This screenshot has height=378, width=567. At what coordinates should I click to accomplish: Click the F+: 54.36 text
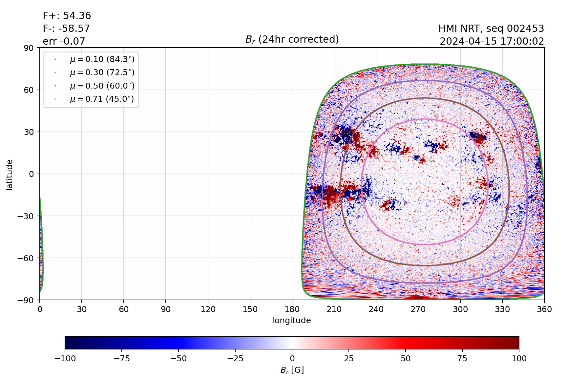click(x=67, y=16)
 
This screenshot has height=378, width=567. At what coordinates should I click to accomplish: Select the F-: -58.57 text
click(x=66, y=29)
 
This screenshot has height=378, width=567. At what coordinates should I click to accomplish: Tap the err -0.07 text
click(x=64, y=41)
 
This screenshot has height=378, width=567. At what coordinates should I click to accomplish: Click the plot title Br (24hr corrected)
click(x=292, y=39)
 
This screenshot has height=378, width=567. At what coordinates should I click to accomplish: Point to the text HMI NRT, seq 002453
click(x=491, y=29)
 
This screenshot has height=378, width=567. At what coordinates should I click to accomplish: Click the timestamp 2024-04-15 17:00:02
click(x=492, y=41)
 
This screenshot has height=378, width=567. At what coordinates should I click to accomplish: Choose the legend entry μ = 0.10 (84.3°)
click(x=102, y=59)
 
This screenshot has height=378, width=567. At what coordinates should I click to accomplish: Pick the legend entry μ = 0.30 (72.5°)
click(x=102, y=73)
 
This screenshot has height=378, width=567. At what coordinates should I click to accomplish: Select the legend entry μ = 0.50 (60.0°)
click(x=102, y=86)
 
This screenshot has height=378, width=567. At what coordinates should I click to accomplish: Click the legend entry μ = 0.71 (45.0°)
click(x=102, y=99)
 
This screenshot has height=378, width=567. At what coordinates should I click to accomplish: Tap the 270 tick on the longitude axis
click(x=418, y=309)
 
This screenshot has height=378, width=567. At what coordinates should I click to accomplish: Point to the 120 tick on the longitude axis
click(x=208, y=309)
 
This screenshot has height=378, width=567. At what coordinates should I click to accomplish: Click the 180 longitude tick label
click(x=292, y=309)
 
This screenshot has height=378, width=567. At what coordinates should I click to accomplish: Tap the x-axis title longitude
click(x=292, y=321)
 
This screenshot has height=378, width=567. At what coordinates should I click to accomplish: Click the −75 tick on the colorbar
click(x=121, y=359)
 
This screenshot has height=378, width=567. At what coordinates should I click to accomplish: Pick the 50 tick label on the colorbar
click(x=406, y=359)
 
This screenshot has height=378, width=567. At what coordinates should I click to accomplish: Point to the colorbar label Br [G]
click(x=292, y=370)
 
